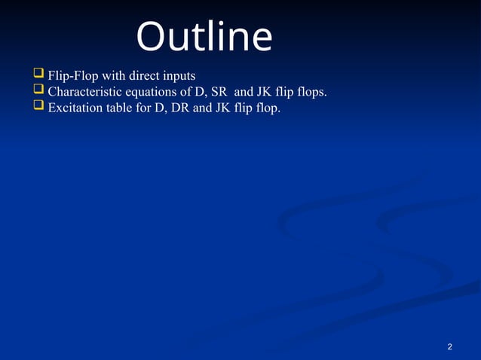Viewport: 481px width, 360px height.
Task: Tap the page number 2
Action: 449,346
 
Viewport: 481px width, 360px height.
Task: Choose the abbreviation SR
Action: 219,92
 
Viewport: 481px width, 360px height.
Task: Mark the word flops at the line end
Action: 312,92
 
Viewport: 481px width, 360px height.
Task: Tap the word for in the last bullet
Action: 145,108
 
